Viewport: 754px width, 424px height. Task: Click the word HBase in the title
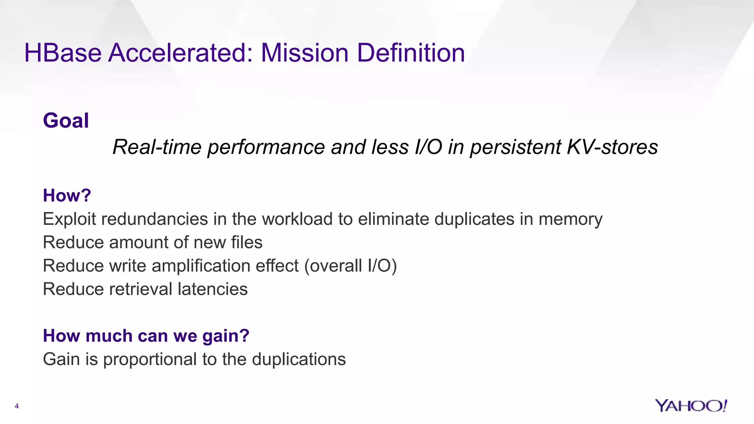click(x=63, y=53)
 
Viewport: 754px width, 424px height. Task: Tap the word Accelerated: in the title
click(x=180, y=53)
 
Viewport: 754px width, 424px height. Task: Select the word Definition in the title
click(x=411, y=53)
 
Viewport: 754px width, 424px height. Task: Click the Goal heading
click(x=66, y=121)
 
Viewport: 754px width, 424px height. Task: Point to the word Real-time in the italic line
click(x=157, y=147)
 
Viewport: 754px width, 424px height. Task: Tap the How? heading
click(x=67, y=195)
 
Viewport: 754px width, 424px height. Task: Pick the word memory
click(x=570, y=219)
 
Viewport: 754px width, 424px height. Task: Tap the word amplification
click(x=201, y=266)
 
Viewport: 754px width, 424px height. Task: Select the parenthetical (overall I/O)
click(x=350, y=266)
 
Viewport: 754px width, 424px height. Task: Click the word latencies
click(x=212, y=289)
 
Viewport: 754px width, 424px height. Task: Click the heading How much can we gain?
click(x=146, y=336)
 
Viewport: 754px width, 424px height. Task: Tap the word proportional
click(x=150, y=360)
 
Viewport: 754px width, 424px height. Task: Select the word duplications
click(x=299, y=360)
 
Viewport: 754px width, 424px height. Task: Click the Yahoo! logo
click(x=691, y=406)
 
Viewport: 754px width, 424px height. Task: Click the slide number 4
click(x=17, y=406)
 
